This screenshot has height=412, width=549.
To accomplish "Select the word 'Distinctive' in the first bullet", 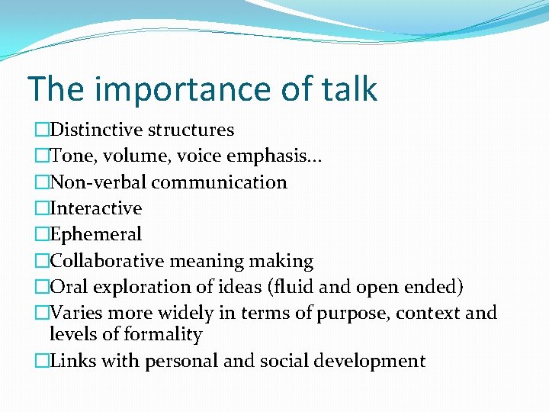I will [x=94, y=130].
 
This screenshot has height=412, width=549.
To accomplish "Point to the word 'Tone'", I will [x=70, y=156].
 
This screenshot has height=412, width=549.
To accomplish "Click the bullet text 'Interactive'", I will [x=95, y=208].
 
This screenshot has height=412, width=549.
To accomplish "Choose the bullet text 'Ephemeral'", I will [x=95, y=234].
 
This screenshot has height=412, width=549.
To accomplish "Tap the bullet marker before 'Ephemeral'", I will [x=41, y=235].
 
